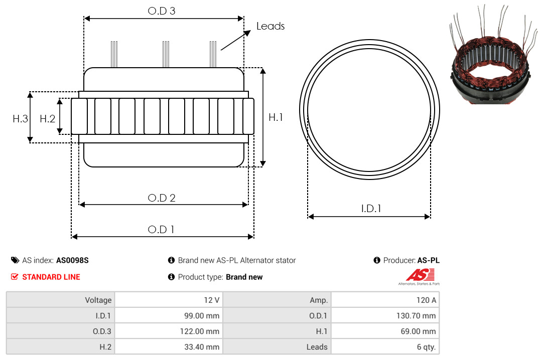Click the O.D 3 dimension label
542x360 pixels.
coord(162,11)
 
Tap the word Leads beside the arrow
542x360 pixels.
coord(270,26)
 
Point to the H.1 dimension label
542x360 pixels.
coord(276,117)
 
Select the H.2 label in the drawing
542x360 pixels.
coord(47,119)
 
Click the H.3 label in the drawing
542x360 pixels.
coord(20,119)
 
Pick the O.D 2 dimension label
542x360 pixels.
coord(162,198)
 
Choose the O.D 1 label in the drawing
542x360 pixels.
coord(161,230)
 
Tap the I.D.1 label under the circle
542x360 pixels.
coord(370,209)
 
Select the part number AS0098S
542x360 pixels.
coord(72,261)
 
